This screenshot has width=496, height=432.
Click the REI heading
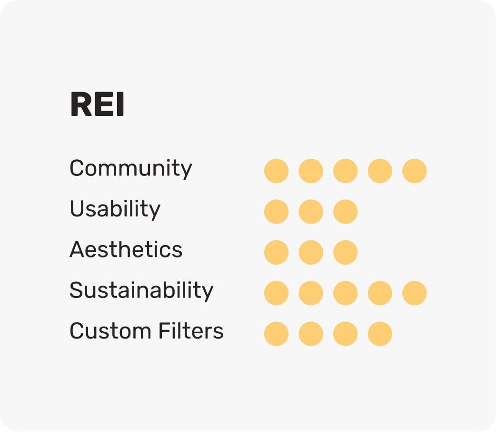[x=97, y=105]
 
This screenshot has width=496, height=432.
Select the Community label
[x=131, y=169]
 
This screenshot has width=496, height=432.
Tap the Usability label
[x=115, y=209]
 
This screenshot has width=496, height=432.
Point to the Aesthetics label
[x=126, y=250]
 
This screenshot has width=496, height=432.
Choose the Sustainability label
[x=141, y=290]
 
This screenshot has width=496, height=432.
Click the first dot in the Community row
[x=276, y=171]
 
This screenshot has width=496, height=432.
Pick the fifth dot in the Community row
[x=415, y=171]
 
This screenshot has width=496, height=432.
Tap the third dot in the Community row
[x=345, y=171]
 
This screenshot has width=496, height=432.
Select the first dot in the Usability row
[x=276, y=212]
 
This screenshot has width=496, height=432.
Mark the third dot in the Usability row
[x=345, y=212]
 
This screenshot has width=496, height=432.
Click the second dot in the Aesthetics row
[x=311, y=252]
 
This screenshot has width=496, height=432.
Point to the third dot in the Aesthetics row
[x=345, y=252]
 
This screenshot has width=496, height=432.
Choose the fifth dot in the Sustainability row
[x=415, y=293]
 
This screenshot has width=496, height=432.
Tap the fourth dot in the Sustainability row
[x=380, y=293]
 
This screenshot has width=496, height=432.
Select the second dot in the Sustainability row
[x=311, y=293]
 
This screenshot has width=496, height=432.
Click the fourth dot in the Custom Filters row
[x=380, y=334]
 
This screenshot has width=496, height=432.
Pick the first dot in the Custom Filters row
[x=276, y=334]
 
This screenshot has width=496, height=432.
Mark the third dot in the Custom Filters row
[x=345, y=334]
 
